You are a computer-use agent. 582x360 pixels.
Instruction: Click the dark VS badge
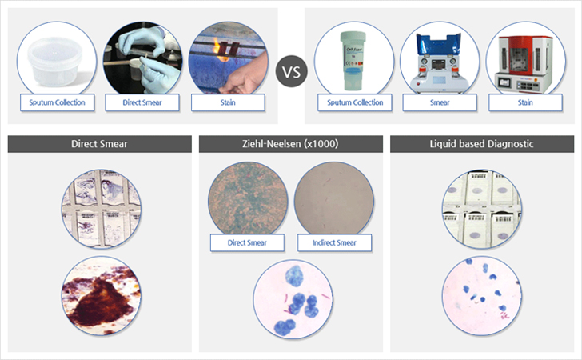click(291, 71)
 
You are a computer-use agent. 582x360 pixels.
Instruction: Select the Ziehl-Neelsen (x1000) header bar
click(291, 144)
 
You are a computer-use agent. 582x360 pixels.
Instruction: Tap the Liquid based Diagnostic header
click(482, 144)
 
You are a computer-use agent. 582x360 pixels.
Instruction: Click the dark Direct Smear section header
click(99, 144)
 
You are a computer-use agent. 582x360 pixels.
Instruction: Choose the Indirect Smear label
click(334, 243)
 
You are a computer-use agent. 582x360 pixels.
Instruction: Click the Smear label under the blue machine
click(440, 102)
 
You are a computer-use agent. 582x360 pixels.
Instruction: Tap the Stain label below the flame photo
click(228, 102)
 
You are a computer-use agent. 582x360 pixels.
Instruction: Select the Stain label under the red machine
click(525, 102)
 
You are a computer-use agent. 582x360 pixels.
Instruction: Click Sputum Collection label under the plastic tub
click(58, 102)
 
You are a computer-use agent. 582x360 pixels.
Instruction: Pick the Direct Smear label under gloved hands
click(142, 102)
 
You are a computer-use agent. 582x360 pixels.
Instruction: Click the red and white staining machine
click(524, 64)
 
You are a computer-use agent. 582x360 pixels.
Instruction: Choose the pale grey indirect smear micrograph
click(333, 200)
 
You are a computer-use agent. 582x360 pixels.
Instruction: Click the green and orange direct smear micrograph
click(248, 200)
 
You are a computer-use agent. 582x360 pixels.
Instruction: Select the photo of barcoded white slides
click(482, 209)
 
